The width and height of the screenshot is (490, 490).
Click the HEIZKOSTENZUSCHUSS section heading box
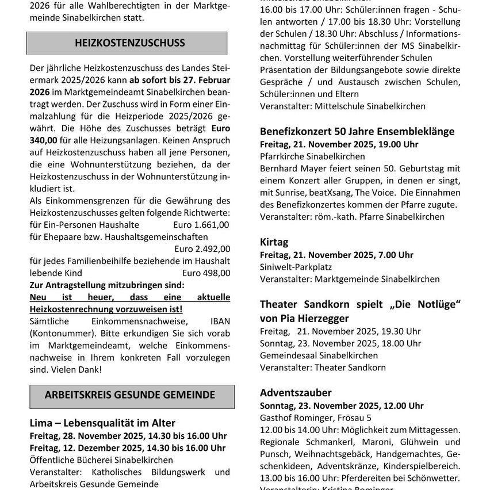[127, 43]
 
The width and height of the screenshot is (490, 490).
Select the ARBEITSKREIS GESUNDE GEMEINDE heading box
[132, 396]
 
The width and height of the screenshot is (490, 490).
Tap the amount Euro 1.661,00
[201, 224]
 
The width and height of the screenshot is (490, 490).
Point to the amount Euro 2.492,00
[202, 248]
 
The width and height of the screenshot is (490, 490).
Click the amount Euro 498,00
[206, 273]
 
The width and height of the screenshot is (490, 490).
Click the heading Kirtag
[274, 242]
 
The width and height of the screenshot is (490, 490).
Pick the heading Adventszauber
[296, 393]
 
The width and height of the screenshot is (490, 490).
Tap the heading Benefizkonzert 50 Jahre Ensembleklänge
[357, 131]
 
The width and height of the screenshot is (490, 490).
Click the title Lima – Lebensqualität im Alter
[102, 423]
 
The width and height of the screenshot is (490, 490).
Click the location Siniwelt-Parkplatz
[296, 267]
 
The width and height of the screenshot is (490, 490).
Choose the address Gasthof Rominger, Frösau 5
[316, 418]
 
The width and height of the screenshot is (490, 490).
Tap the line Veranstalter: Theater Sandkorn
[323, 367]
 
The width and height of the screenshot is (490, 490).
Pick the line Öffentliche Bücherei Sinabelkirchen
[101, 460]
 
